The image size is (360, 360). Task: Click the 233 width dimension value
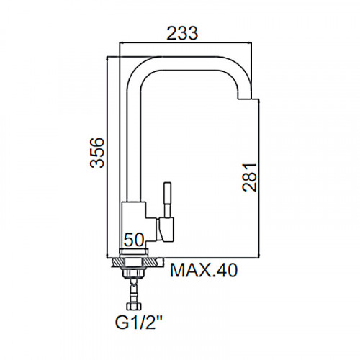coord(182,33)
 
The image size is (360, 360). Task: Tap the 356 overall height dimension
coord(97,153)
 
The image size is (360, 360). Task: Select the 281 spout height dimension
coord(249,177)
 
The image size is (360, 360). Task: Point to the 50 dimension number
coord(135,240)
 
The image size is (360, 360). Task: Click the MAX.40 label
coord(204,271)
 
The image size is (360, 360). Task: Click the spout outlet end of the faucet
coord(245,98)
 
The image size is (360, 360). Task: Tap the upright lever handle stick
coord(167,200)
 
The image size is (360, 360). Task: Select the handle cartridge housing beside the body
coord(165,230)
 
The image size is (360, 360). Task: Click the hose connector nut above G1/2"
coord(134,306)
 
